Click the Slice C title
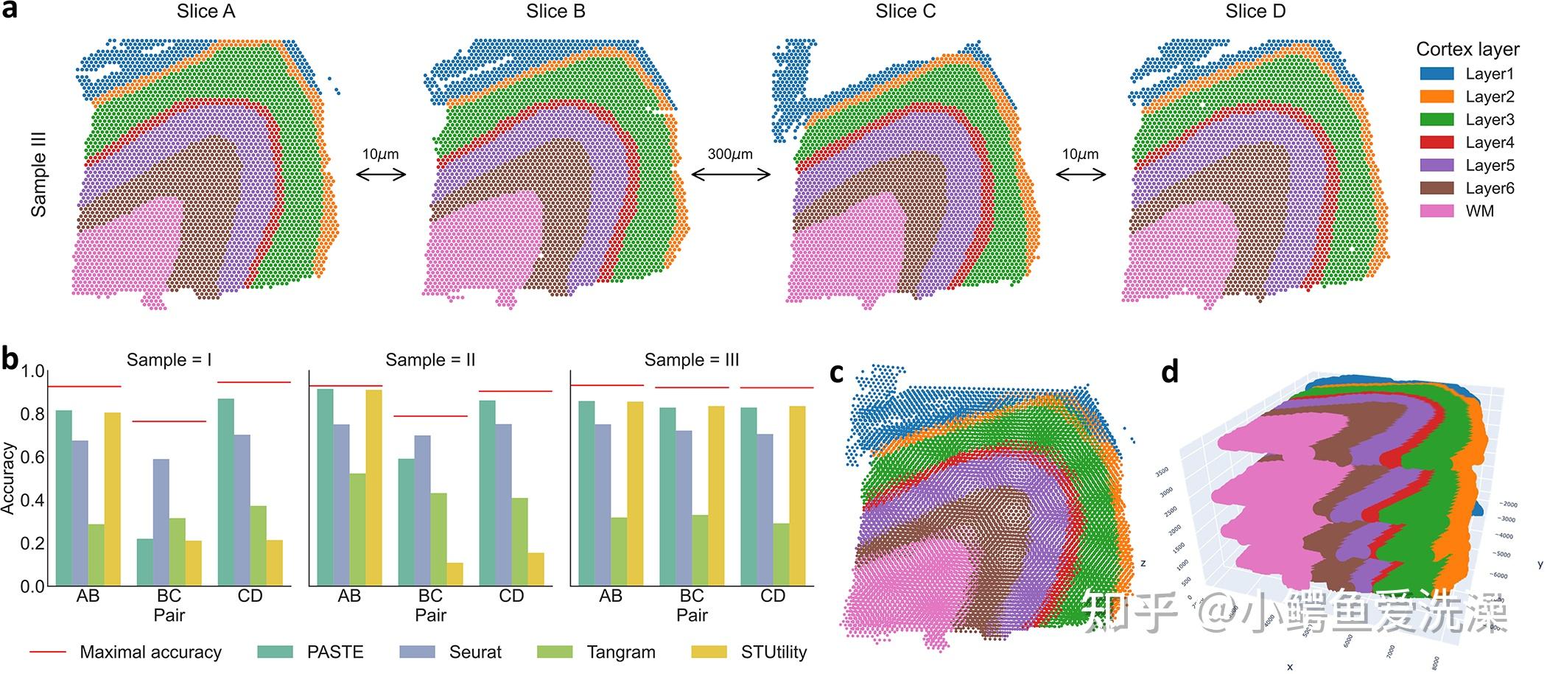click(x=905, y=12)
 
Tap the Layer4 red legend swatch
click(x=1436, y=142)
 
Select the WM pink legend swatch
click(x=1436, y=211)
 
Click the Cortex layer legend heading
click(x=1467, y=49)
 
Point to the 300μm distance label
click(x=730, y=154)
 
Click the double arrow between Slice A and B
click(x=381, y=175)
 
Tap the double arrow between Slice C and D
click(x=1081, y=175)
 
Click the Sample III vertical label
click(x=38, y=174)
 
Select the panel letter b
click(x=10, y=359)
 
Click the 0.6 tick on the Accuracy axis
click(x=32, y=457)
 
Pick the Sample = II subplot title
click(x=430, y=360)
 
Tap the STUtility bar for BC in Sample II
click(x=455, y=574)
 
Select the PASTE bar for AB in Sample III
click(x=586, y=493)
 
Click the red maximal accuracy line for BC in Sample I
click(x=169, y=421)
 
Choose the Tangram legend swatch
click(x=555, y=652)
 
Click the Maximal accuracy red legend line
click(x=48, y=652)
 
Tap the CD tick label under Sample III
click(x=772, y=596)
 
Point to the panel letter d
click(x=1170, y=373)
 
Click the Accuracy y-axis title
click(x=8, y=477)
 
